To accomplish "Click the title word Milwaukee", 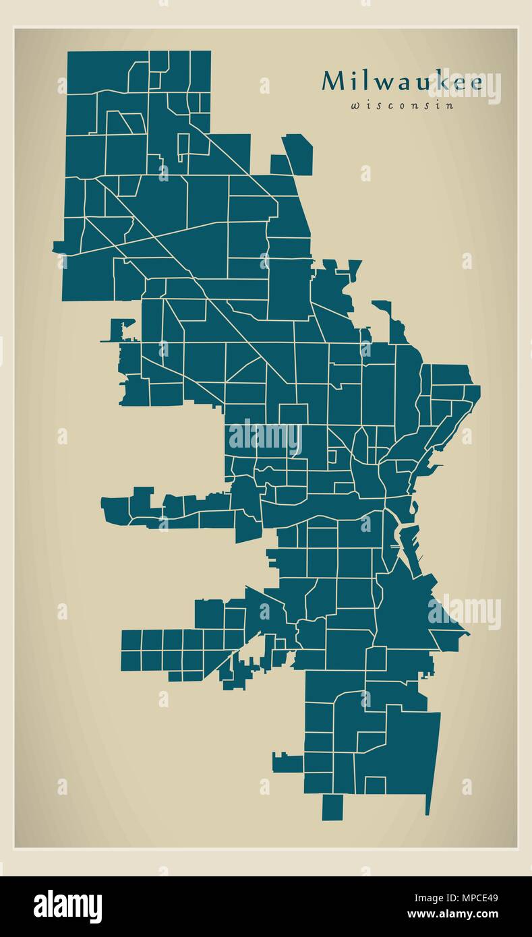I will point(402,82).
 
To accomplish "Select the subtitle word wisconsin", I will point(402,105).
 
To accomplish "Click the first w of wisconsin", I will point(355,105).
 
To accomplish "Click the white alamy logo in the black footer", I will point(67,906).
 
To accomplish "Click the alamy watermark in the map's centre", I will point(264,437).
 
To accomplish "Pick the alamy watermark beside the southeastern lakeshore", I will point(465,612).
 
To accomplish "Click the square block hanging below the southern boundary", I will point(332,808).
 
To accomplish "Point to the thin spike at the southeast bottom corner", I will point(427,806).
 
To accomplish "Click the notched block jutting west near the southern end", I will point(287,762).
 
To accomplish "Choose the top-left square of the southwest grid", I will point(131,639).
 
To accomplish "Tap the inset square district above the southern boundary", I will point(375,785).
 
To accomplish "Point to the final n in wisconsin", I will point(450,105).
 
